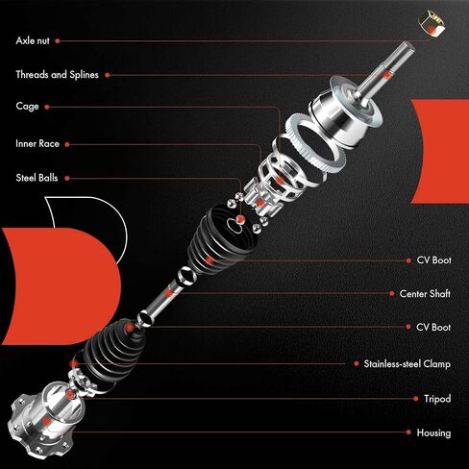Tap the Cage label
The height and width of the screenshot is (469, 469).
click(x=27, y=106)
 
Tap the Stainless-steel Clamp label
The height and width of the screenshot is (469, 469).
click(x=407, y=364)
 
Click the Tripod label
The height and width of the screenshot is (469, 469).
click(x=436, y=398)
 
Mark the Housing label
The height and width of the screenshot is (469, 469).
click(x=433, y=432)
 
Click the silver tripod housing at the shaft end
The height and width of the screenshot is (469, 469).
click(x=43, y=415)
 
